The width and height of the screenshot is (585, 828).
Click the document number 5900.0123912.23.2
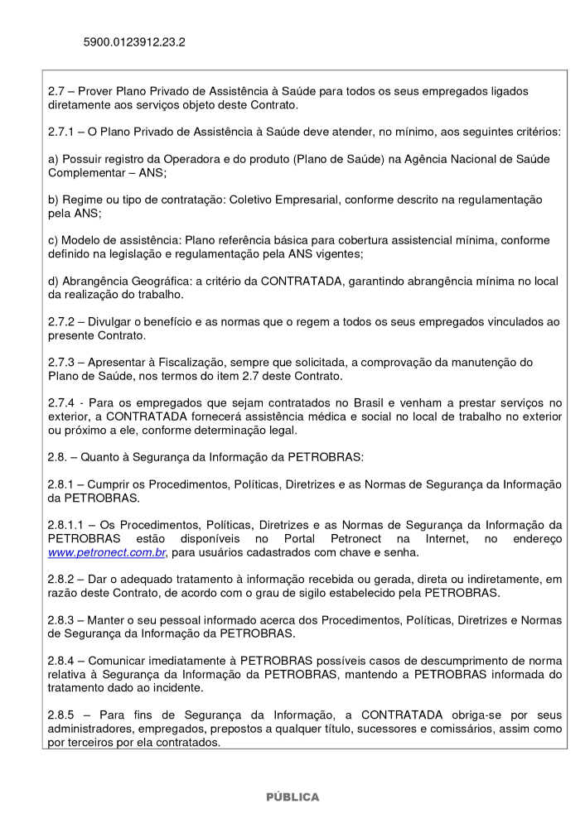pyautogui.click(x=134, y=40)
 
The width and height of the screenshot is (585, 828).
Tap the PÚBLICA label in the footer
pyautogui.click(x=292, y=797)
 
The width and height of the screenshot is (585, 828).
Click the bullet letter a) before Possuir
pyautogui.click(x=53, y=159)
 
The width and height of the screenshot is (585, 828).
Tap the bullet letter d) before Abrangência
pyautogui.click(x=53, y=282)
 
